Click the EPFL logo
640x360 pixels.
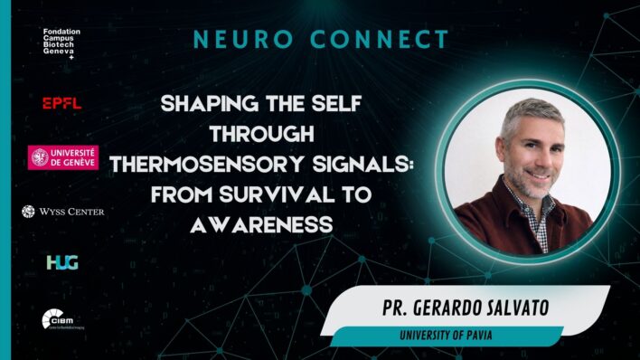coord(61,103)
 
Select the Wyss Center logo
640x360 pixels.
coord(62,212)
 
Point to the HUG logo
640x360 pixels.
coord(62,262)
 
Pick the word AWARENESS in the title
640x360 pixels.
coord(260,223)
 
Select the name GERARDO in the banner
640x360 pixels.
coord(458,307)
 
